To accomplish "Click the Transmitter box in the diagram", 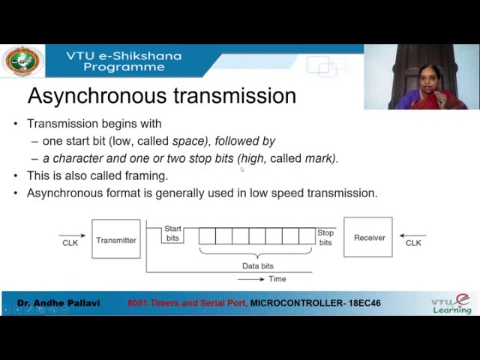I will click(x=115, y=239).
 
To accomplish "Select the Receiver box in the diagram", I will click(x=368, y=237).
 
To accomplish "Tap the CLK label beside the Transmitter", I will click(x=70, y=243).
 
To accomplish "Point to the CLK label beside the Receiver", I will click(x=413, y=243).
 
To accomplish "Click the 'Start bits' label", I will click(x=172, y=233).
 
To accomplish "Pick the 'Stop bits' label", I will click(x=325, y=238).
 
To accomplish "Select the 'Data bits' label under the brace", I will click(x=257, y=266).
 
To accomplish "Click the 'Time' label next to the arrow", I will click(x=277, y=279).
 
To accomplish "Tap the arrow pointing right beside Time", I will click(x=251, y=279).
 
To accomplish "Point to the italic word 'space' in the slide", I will click(x=187, y=141).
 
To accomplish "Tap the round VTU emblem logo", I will click(x=22, y=61).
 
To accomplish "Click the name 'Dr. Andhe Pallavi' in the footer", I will click(x=58, y=303).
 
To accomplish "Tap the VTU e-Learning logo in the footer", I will click(x=451, y=303).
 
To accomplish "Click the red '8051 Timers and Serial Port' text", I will click(x=187, y=303).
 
